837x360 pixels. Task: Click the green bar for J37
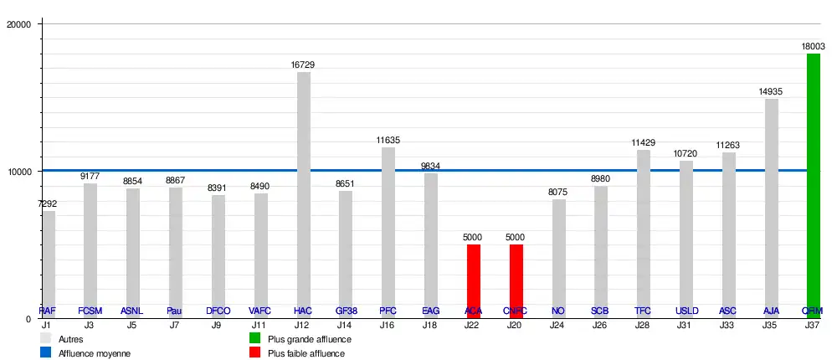[x=813, y=184]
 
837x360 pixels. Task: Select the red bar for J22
[x=474, y=280]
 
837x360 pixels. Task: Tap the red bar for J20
[x=516, y=280]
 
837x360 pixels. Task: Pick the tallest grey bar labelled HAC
[x=304, y=193]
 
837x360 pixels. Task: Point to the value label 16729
[x=303, y=64]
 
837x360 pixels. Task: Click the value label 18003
[x=814, y=47]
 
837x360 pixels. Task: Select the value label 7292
[x=48, y=203]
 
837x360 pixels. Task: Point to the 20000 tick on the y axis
[x=18, y=24]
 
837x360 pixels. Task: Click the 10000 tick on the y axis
[x=18, y=172]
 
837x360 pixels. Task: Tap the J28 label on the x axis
[x=643, y=324]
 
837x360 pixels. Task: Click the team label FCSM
[x=90, y=311]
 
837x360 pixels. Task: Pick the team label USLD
[x=686, y=311]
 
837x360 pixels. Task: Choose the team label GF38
[x=346, y=311]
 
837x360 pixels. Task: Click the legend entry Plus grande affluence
[x=309, y=339]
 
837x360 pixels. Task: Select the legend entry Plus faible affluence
[x=306, y=353]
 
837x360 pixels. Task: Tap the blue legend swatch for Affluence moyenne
[x=46, y=353]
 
